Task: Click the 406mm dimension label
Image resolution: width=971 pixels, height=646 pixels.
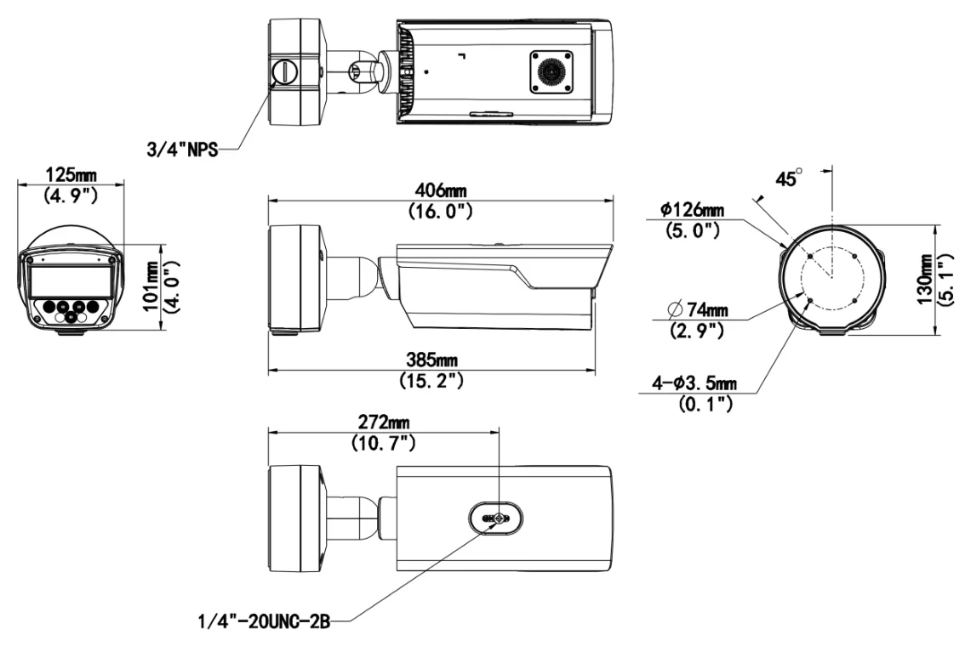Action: pos(440,190)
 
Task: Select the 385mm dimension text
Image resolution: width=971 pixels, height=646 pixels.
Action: pos(431,360)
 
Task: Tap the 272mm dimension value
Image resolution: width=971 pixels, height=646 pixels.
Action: pos(383,422)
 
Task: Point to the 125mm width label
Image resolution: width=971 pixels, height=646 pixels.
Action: pos(71,175)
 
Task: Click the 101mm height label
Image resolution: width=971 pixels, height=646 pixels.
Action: pos(151,286)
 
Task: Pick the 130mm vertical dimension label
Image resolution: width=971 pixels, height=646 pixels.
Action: pos(924,280)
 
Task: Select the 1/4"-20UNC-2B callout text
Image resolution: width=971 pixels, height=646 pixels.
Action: pos(264,620)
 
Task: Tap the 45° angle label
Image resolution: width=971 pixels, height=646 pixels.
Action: pos(789,178)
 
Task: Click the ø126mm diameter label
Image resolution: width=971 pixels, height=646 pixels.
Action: pos(692,210)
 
